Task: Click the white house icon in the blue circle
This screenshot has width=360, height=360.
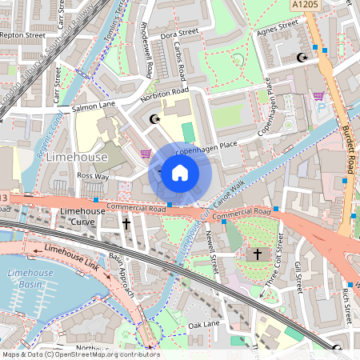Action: point(180,172)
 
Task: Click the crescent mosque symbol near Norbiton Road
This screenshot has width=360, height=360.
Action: point(154,119)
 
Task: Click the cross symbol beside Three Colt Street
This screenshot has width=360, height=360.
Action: point(257,254)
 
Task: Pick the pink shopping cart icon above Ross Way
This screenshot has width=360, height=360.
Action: point(145,153)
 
